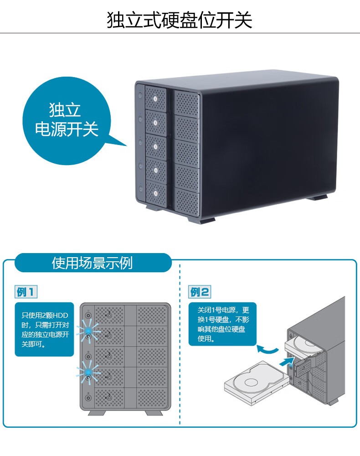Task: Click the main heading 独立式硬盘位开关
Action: [179, 20]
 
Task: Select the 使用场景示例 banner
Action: [93, 263]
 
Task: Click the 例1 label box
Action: [26, 292]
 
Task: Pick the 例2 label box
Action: [200, 292]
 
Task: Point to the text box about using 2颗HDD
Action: [45, 329]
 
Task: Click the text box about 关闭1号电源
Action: [222, 324]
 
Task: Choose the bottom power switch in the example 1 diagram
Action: [88, 398]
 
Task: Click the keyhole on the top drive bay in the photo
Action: [155, 99]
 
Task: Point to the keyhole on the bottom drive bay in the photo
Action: [155, 193]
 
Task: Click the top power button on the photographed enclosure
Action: [140, 95]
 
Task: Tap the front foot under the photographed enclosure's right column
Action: [202, 219]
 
